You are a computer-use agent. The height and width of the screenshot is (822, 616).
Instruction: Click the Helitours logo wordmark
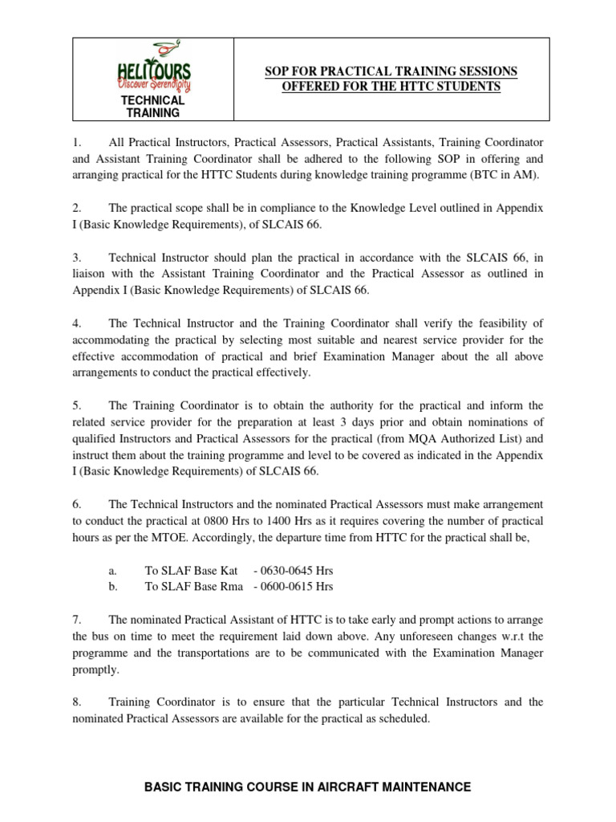[152, 71]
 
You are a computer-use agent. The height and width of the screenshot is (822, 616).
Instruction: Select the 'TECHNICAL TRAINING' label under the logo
[152, 107]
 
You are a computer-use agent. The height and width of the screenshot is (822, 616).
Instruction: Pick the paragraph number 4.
[76, 324]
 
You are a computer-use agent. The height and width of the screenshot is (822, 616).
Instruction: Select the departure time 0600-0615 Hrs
[293, 587]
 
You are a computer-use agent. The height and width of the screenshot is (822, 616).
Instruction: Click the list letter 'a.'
[113, 571]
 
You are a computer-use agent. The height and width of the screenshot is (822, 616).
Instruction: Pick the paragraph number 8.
[76, 702]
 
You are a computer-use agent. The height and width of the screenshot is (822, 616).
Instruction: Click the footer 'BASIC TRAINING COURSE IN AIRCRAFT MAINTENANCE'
[307, 787]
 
